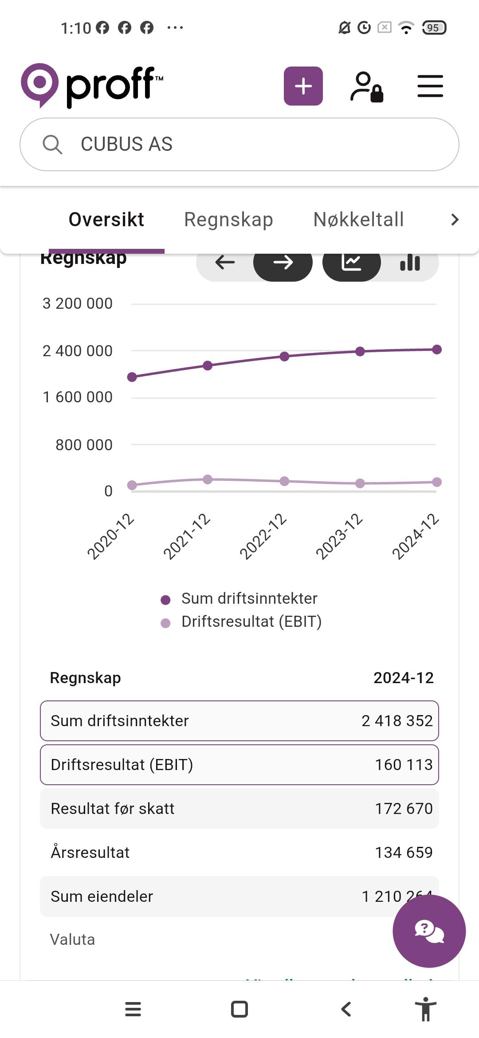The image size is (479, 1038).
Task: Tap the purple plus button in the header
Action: coord(303,86)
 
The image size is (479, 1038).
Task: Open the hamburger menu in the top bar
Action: coord(430,86)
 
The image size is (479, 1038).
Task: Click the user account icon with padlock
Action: coord(366,87)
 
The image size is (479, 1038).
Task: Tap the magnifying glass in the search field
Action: coord(52,145)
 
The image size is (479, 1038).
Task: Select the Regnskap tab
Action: coord(228,220)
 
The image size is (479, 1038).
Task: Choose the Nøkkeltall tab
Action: coord(358,220)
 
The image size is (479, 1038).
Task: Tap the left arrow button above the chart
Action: coord(225,263)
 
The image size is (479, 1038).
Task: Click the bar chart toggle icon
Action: coord(410,263)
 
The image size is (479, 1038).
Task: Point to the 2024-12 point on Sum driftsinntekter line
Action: coord(437,350)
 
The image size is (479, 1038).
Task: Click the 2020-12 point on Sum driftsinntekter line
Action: coord(132,377)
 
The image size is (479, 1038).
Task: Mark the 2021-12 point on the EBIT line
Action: coord(208,479)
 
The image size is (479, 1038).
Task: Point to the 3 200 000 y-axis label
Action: coord(78,304)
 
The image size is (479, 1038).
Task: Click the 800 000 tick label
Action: coord(84,445)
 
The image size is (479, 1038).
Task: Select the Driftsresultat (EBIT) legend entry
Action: coord(251,621)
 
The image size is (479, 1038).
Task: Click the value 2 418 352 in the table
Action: coord(397,721)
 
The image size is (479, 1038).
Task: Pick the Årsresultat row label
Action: coord(90,853)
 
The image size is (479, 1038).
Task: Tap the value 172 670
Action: coord(404,809)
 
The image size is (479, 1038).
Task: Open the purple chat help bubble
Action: coord(429,931)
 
